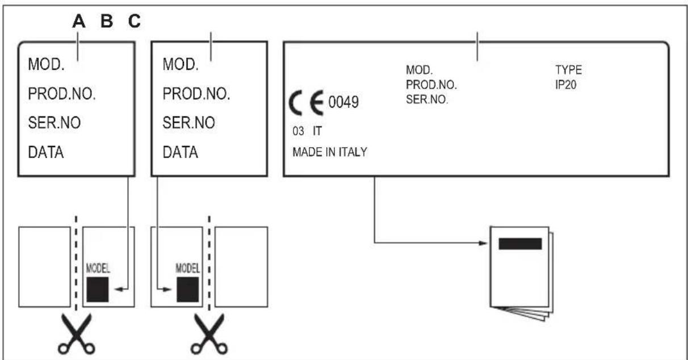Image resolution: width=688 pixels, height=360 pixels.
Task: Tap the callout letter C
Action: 134,22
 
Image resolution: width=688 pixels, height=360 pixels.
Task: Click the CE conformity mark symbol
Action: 309,104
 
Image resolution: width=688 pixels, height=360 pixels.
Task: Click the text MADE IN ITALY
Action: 330,153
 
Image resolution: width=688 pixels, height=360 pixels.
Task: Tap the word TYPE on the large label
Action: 568,71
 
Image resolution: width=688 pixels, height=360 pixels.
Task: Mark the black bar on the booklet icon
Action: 520,244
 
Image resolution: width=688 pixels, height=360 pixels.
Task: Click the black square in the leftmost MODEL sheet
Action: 98,290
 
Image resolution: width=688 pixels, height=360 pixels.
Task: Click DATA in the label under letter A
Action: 46,153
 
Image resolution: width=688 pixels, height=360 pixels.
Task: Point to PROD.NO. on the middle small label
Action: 196,94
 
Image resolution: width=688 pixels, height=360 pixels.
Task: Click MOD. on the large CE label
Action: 419,71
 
